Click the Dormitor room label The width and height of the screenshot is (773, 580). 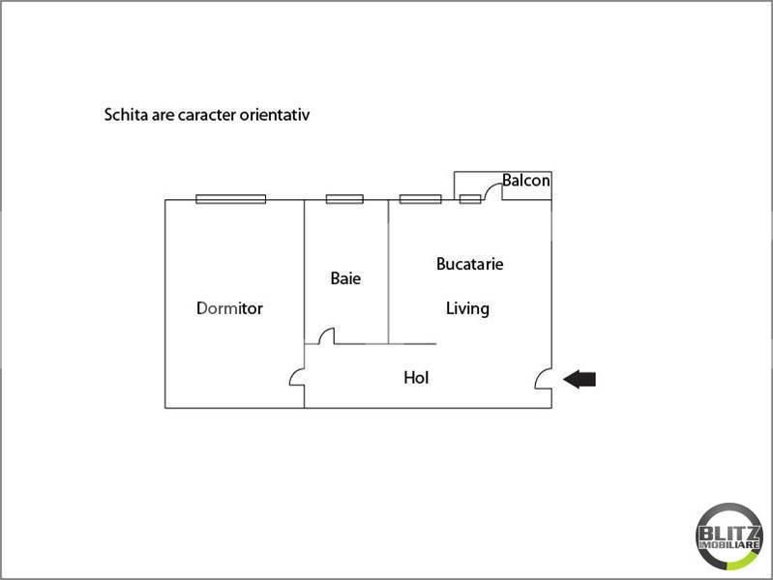pos(229,309)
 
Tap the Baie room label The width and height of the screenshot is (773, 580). pos(345,278)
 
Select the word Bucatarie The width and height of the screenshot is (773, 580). pos(469,263)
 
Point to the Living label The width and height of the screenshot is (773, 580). pos(467,309)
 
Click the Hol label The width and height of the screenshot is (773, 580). pos(416,378)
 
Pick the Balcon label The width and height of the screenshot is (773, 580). pos(526,181)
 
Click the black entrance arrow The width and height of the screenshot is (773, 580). pos(580,379)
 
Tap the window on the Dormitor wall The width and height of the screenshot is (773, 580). pos(230,199)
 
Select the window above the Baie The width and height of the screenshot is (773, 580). pos(343,199)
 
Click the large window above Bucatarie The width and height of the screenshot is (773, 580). pos(420,199)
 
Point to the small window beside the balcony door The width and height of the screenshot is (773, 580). pos(470,199)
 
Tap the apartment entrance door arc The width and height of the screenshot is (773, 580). pos(543,379)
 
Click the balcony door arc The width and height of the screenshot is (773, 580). pos(491,190)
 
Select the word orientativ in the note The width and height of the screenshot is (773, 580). pos(285,115)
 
